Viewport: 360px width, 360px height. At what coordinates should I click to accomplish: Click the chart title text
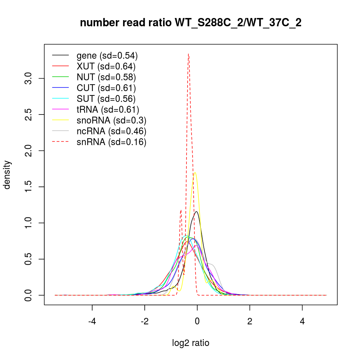click(191, 23)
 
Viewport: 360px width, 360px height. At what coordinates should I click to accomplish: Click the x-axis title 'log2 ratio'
click(191, 343)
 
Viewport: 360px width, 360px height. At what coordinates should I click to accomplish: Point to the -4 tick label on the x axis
click(92, 321)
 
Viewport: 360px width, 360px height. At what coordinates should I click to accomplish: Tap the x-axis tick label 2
click(250, 321)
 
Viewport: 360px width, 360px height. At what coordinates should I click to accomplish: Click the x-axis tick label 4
click(302, 321)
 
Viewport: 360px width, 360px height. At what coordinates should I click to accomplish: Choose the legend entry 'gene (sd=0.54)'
click(107, 55)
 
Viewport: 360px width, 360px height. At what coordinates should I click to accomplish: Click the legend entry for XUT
click(106, 66)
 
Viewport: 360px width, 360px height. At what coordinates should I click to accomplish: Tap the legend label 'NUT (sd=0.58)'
click(106, 77)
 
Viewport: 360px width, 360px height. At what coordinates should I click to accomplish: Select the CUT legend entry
click(106, 88)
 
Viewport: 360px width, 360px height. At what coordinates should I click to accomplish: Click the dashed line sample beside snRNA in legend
click(60, 142)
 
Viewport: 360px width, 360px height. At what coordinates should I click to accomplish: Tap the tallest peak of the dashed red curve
click(188, 54)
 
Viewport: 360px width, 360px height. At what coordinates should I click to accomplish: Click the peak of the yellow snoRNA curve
click(195, 173)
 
